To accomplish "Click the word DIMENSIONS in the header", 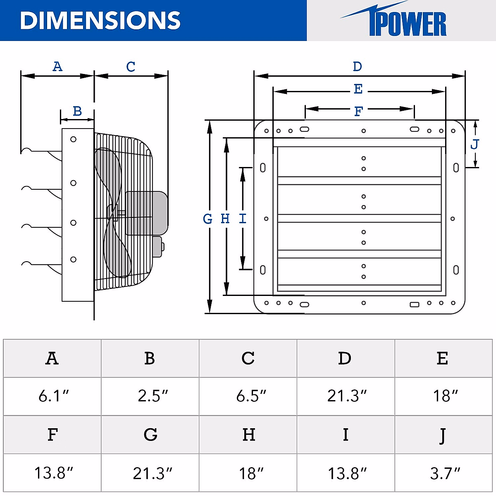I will [100, 20].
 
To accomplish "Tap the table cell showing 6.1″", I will [52, 396].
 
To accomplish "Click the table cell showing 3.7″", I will [444, 473].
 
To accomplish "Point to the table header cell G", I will [150, 435].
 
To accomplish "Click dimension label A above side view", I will [57, 67].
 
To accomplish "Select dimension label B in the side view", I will [77, 111].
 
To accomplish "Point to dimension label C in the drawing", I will [131, 67].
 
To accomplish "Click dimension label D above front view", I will [358, 67].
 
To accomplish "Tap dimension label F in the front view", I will [358, 111].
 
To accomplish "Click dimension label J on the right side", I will [475, 144].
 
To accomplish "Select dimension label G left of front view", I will [207, 219].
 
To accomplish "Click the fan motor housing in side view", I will [146, 213].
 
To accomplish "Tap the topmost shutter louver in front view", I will [360, 162].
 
